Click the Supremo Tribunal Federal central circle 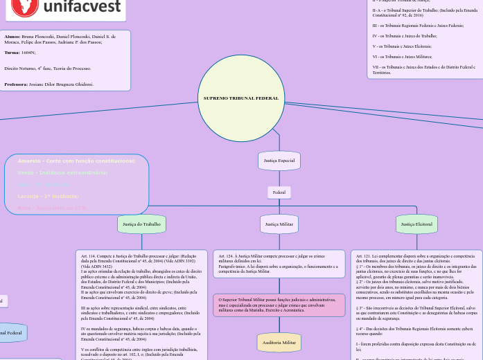(240, 98)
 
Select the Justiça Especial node (279, 161)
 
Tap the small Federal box (279, 192)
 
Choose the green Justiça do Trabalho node (141, 224)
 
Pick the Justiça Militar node (279, 224)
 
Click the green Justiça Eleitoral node (416, 224)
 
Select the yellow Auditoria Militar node (279, 343)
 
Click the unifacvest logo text (84, 8)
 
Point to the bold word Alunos (12, 34)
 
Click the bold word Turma (12, 53)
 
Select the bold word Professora (16, 84)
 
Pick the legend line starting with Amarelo (76, 161)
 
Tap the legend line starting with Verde (62, 173)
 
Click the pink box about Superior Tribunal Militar (279, 305)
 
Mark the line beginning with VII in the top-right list (423, 69)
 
